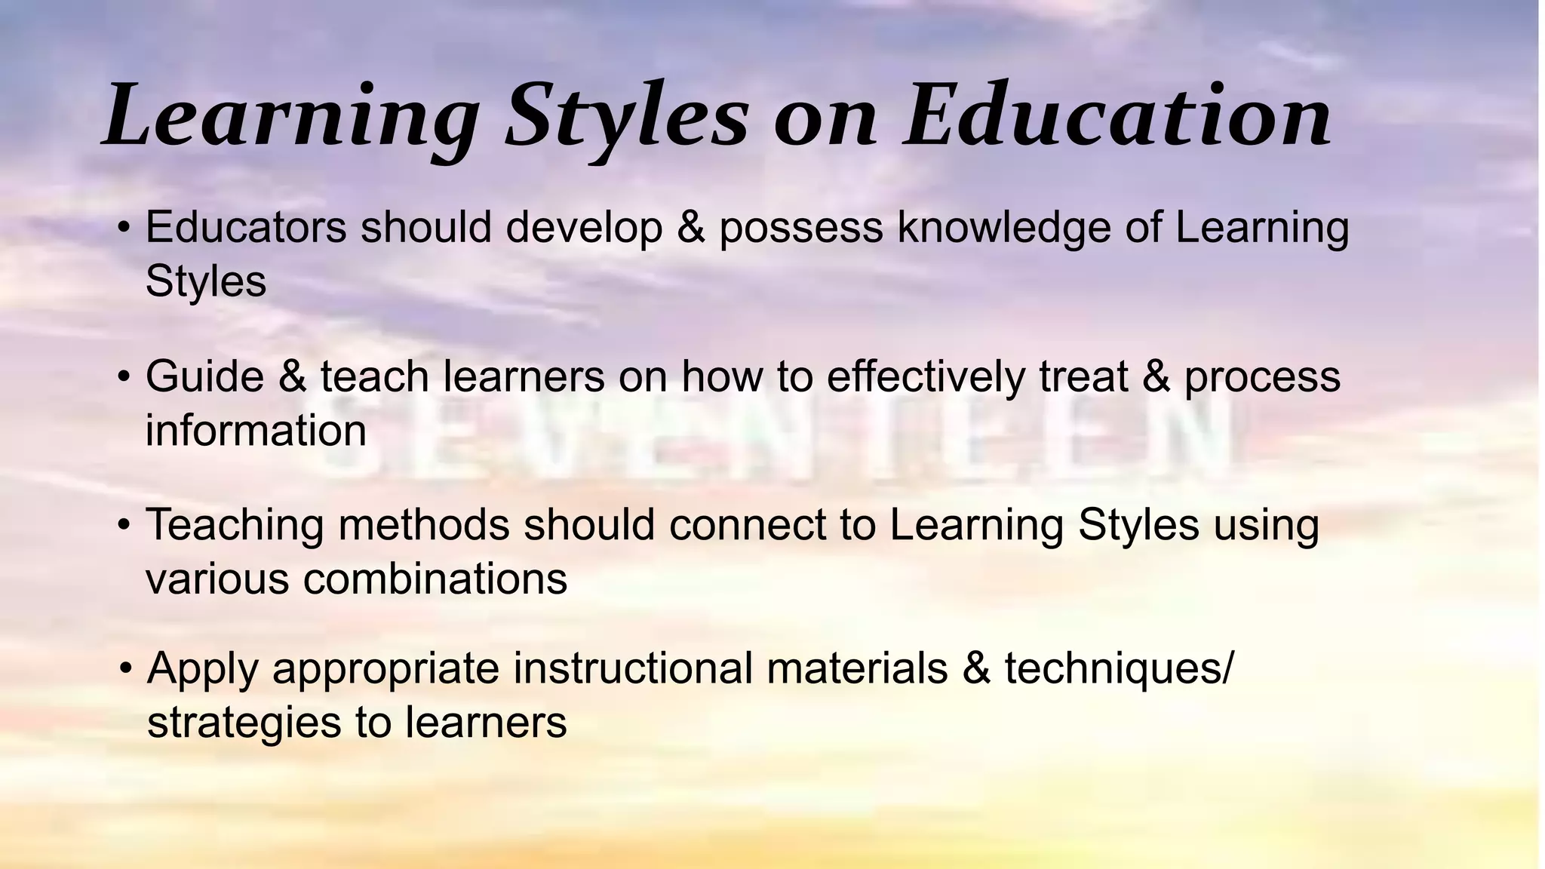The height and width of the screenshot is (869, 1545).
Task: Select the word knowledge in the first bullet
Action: point(1004,228)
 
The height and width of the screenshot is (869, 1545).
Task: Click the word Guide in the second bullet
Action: point(204,376)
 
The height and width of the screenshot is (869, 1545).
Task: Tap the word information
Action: point(256,430)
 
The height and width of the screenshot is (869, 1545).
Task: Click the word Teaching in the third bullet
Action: point(235,525)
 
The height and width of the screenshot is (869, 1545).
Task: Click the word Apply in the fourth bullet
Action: point(203,669)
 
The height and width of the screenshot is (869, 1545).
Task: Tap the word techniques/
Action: point(1120,668)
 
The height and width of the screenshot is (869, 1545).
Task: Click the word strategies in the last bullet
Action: point(244,722)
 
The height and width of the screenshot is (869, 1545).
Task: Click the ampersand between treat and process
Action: point(1156,376)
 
